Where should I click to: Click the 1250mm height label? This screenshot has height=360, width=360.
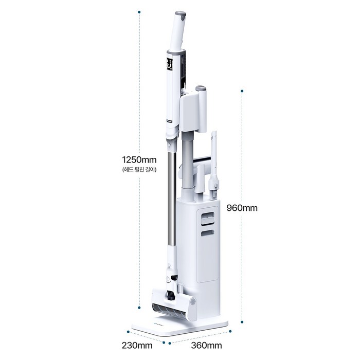click(139, 159)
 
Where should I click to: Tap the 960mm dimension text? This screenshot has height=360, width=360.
click(242, 208)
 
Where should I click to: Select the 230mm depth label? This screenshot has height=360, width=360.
click(137, 345)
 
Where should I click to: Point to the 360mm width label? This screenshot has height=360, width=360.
click(206, 345)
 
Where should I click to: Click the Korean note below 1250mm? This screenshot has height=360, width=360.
click(139, 170)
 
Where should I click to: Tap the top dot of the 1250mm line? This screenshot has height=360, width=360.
click(139, 12)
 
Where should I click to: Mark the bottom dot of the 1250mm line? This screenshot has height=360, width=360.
click(139, 307)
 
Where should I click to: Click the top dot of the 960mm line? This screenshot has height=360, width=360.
click(242, 91)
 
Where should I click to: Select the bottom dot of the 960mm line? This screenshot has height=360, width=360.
click(242, 322)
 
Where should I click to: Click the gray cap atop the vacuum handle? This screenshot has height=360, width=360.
click(181, 15)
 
